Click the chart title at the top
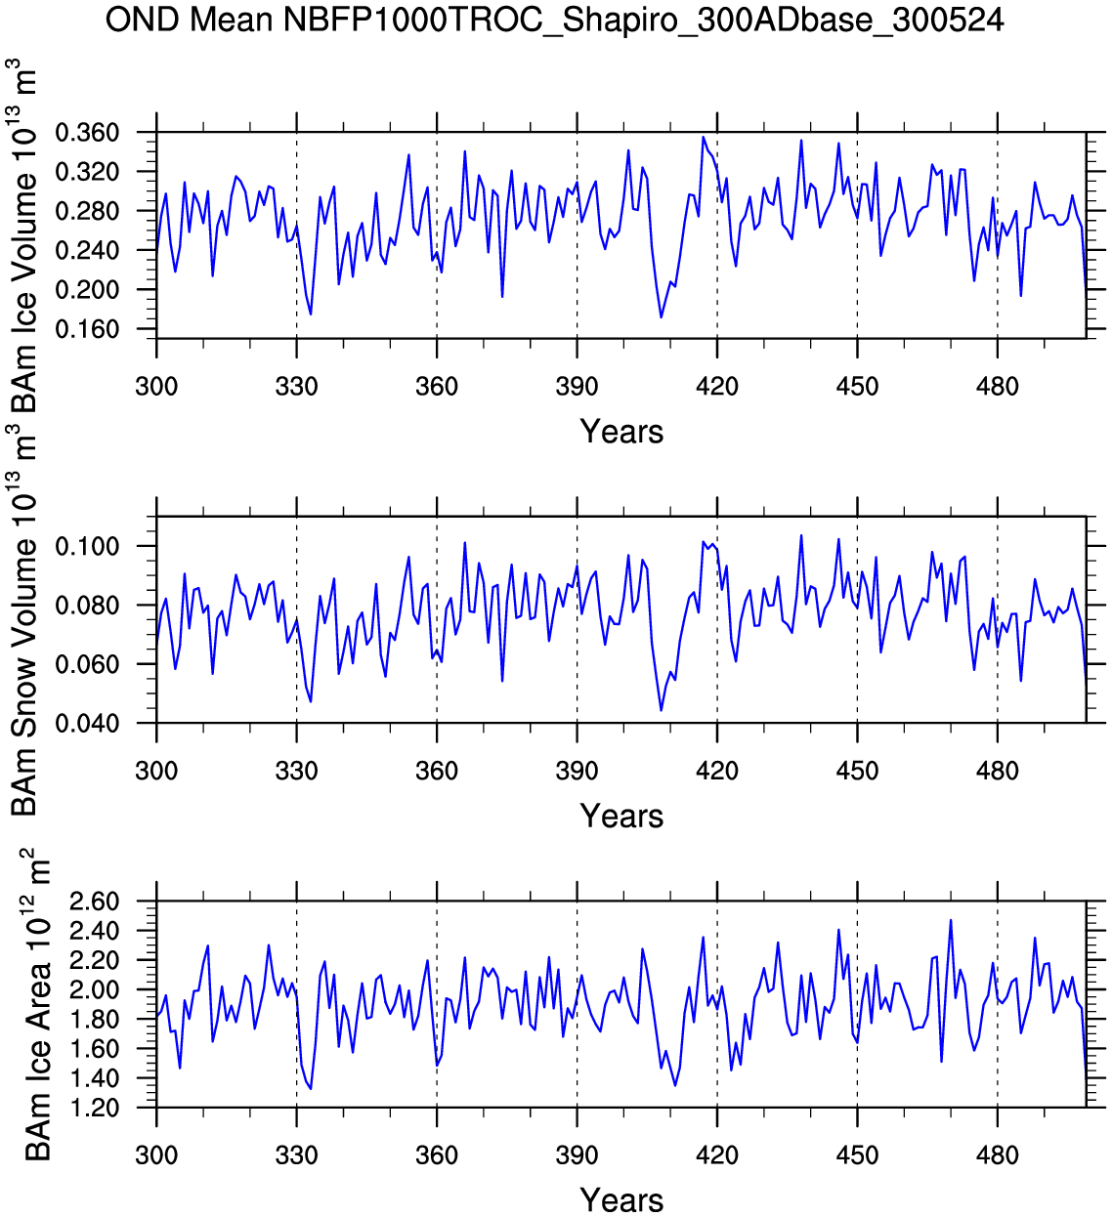click(554, 20)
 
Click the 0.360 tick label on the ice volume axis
click(87, 133)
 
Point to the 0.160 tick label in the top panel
click(87, 330)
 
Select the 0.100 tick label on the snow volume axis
click(87, 546)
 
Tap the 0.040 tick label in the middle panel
click(87, 724)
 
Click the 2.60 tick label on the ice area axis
click(95, 902)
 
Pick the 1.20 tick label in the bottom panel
click(95, 1109)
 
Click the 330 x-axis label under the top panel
click(296, 387)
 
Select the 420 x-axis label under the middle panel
click(717, 772)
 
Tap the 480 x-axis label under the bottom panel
click(997, 1156)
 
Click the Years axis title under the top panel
click(621, 432)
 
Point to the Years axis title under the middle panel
click(621, 817)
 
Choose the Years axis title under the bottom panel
click(621, 1200)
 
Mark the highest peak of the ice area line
click(951, 920)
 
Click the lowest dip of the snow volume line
click(661, 710)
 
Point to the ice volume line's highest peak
click(704, 138)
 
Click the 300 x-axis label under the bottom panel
click(156, 1156)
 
